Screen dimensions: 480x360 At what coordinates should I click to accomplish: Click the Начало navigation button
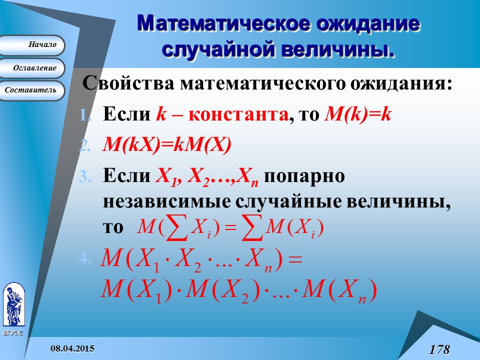point(32,45)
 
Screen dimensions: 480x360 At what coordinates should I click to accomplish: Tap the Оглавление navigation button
point(32,68)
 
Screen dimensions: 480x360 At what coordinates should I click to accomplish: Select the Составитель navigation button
point(32,90)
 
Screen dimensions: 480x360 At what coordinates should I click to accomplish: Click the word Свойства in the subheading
point(128,83)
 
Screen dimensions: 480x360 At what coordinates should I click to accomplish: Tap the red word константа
point(238,115)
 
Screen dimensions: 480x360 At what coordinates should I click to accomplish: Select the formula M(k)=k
point(357,114)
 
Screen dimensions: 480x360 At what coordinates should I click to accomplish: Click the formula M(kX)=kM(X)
point(167,144)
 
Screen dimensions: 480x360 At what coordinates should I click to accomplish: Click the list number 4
point(85,259)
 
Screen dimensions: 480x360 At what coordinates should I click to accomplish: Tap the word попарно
point(304,176)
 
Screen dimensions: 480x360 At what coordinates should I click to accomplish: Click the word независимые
point(167,202)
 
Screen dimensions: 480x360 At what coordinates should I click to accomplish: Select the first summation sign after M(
point(176,227)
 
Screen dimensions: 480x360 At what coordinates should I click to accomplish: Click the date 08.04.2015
point(72,348)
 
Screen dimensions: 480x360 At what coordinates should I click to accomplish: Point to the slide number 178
point(439,349)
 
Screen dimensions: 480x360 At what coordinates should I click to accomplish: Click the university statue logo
point(14,304)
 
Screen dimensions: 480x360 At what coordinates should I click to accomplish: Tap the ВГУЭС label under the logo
point(13,333)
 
